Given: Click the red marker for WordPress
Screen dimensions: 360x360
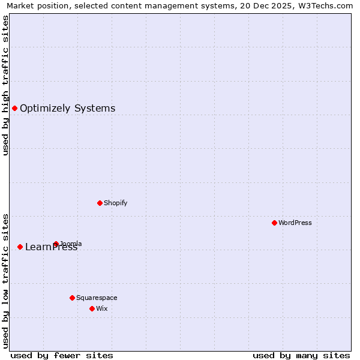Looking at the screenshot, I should coord(274,223).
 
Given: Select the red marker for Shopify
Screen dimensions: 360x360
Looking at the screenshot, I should coord(100,203).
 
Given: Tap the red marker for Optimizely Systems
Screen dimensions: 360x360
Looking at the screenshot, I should coord(14,108).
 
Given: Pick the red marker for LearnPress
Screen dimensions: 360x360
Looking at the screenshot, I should coord(20,247).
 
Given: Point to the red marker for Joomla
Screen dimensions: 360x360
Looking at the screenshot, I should coord(56,244).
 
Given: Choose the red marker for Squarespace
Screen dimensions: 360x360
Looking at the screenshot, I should coord(72,298).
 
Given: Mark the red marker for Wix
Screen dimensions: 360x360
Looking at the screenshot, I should coord(92,308).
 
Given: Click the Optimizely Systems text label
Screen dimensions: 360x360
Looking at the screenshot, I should coord(67,109).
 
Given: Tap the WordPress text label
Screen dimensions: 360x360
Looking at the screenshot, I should coord(295,223).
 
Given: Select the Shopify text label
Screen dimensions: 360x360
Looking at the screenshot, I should coord(115,203).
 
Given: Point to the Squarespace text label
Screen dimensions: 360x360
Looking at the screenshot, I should coord(97,298).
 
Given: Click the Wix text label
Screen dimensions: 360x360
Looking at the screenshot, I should coord(101,308).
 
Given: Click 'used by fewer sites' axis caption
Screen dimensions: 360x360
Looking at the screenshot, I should coord(62,355).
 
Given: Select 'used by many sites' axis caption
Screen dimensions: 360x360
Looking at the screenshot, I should coord(301,355).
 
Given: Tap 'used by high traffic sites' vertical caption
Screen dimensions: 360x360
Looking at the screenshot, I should coord(6,85).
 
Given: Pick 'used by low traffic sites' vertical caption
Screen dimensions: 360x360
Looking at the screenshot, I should coord(6,280).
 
